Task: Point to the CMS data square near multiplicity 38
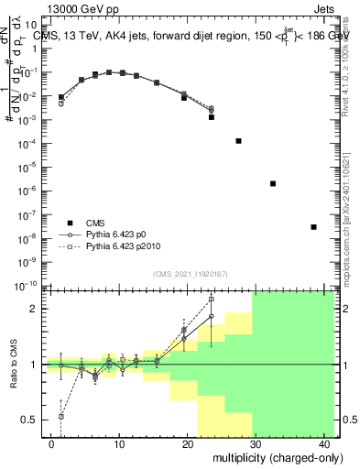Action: pos(313,227)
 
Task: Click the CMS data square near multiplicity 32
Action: pos(273,183)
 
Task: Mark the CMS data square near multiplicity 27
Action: pos(238,141)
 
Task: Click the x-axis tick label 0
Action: pos(51,442)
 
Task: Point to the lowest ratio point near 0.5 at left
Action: pos(61,416)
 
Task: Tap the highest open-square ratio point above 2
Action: pos(212,299)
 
